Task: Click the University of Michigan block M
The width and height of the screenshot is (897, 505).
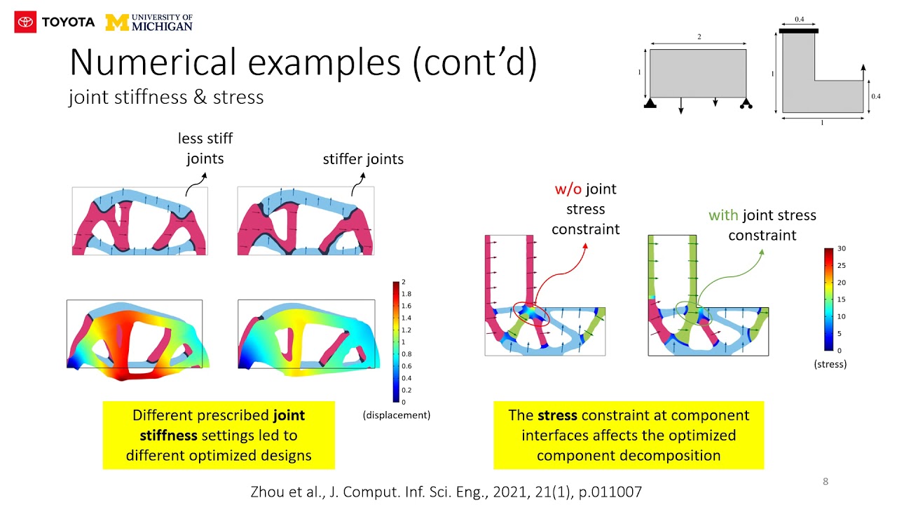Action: [x=116, y=22]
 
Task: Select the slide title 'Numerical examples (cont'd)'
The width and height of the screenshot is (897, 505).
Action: [x=303, y=62]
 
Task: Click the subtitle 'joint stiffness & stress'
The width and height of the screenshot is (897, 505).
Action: [x=166, y=97]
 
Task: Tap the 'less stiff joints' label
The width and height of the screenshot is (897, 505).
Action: [x=205, y=148]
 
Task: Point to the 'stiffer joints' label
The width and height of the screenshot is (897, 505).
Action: [x=363, y=159]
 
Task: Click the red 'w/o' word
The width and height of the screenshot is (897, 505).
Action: [x=568, y=189]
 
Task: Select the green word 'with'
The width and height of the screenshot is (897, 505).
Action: [x=724, y=215]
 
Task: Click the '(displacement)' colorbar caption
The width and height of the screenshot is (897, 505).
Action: [x=396, y=415]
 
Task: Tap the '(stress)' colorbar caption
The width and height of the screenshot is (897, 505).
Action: [x=830, y=364]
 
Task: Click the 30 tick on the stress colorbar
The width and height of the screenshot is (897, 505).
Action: [x=842, y=249]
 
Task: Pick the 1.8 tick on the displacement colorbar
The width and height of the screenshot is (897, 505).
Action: [x=406, y=293]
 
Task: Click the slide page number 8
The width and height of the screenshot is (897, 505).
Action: [x=825, y=481]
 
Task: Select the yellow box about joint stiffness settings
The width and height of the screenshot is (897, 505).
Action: [x=219, y=435]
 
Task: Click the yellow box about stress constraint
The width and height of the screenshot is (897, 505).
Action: [x=629, y=435]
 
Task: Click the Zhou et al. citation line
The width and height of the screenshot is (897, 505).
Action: [x=446, y=492]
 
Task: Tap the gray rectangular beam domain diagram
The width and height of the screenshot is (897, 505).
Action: [x=697, y=73]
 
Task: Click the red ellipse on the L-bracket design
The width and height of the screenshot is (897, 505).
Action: [x=530, y=313]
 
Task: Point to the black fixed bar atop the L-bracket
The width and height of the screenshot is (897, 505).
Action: [x=798, y=31]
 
